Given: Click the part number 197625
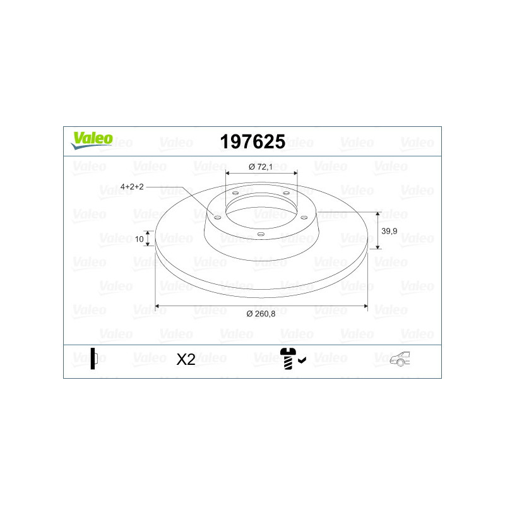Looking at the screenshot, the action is point(252,141).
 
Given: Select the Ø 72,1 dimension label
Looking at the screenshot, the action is point(261,167).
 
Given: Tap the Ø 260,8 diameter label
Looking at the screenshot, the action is point(261,314).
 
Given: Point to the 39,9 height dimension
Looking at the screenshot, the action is point(389,231).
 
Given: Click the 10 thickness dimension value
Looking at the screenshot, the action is point(139,239).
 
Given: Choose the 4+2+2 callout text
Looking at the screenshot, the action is point(132,186).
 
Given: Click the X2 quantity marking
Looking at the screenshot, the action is point(186,359).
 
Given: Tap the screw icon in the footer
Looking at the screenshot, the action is point(288,358).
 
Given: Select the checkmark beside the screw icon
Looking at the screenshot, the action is point(302,360).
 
